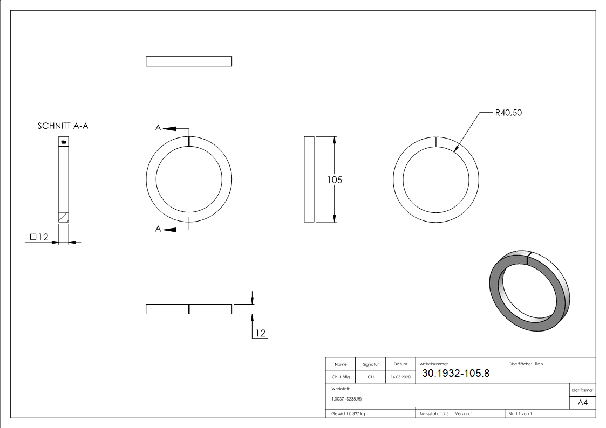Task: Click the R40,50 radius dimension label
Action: point(508,113)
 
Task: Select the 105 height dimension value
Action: point(335,180)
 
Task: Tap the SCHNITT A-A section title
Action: point(63,126)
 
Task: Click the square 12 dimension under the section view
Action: point(39,237)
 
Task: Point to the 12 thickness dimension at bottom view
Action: point(260,334)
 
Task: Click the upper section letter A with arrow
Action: point(159,128)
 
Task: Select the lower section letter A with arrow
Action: point(159,229)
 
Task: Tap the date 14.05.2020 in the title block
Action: point(400,377)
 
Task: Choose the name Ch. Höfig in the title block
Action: point(340,377)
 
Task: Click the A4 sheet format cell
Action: point(582,403)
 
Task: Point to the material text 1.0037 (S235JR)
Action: point(346,398)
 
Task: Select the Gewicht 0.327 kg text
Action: point(348,413)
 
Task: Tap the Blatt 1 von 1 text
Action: point(520,413)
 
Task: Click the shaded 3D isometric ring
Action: point(528,291)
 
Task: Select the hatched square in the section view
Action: point(63,216)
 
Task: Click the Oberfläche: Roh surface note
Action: point(526,364)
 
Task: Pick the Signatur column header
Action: point(371,364)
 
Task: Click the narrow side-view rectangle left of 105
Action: point(309,179)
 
